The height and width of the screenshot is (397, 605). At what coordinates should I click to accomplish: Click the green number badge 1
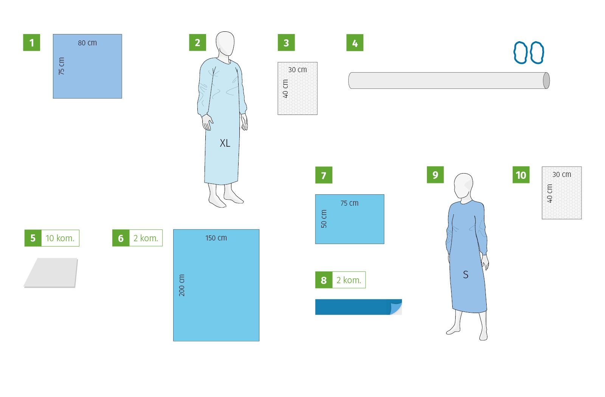pyautogui.click(x=32, y=42)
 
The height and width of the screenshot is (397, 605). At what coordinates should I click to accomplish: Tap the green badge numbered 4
pyautogui.click(x=355, y=42)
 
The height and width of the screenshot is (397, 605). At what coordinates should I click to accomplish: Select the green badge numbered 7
pyautogui.click(x=324, y=175)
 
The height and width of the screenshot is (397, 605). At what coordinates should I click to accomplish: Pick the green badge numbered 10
pyautogui.click(x=521, y=175)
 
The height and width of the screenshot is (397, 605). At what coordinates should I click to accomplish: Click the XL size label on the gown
pyautogui.click(x=225, y=143)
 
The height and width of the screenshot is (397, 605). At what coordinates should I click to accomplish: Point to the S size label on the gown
pyautogui.click(x=465, y=274)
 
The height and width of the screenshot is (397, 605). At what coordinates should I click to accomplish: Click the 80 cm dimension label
pyautogui.click(x=87, y=43)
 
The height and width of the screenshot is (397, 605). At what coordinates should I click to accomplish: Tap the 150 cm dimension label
pyautogui.click(x=216, y=238)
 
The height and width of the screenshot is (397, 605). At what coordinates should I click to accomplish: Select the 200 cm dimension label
pyautogui.click(x=182, y=285)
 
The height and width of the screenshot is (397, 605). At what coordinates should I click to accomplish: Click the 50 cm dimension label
pyautogui.click(x=324, y=219)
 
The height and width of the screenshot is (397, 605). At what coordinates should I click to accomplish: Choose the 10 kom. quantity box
pyautogui.click(x=60, y=238)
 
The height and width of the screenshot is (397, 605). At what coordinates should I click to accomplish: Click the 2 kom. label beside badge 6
pyautogui.click(x=146, y=238)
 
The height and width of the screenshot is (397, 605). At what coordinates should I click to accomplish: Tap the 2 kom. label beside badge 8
pyautogui.click(x=349, y=280)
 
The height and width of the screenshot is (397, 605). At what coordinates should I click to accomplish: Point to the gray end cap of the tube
pyautogui.click(x=546, y=81)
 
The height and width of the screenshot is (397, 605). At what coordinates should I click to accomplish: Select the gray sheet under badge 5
pyautogui.click(x=51, y=273)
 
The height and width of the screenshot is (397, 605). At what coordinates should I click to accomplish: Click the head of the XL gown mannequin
pyautogui.click(x=225, y=44)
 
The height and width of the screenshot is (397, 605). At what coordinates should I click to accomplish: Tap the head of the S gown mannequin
pyautogui.click(x=464, y=186)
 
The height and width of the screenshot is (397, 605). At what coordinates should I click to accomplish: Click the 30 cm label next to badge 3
pyautogui.click(x=297, y=70)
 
